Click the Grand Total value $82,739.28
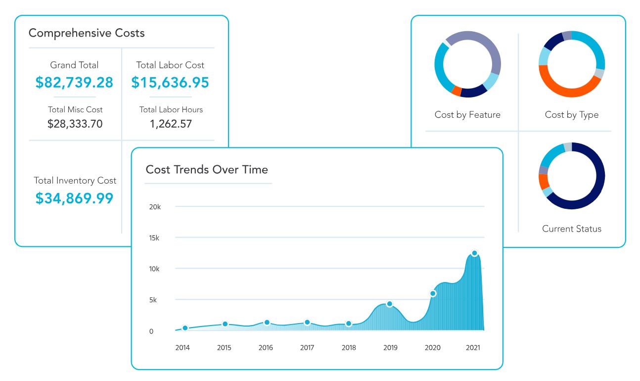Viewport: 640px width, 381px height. (74, 83)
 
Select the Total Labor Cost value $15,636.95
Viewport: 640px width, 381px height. (170, 83)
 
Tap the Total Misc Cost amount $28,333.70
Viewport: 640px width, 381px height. (75, 124)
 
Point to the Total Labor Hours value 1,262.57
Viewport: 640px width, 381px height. (171, 124)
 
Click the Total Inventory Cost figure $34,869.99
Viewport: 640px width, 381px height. (75, 198)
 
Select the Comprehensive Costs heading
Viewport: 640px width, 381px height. (87, 33)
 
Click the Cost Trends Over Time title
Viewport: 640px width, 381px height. (207, 169)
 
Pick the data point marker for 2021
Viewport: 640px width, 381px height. (474, 253)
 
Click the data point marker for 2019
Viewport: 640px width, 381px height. (389, 304)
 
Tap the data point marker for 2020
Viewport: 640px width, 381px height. (433, 293)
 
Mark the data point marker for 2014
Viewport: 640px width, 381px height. (185, 328)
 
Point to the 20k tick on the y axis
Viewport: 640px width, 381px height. (155, 207)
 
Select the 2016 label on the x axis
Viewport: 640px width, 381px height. (266, 347)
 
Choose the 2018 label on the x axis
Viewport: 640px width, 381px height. (349, 347)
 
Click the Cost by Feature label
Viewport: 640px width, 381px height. (467, 115)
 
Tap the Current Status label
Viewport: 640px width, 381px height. (572, 229)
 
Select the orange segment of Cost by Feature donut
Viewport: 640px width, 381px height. (457, 91)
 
